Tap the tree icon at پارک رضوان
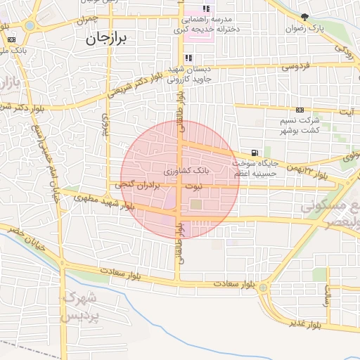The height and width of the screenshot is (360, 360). click(x=304, y=17)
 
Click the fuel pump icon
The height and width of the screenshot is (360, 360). click(x=254, y=153)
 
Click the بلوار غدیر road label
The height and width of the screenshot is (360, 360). click(x=305, y=323)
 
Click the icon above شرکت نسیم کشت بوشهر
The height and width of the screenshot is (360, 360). click(x=300, y=110)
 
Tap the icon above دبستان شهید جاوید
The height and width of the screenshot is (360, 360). click(x=188, y=58)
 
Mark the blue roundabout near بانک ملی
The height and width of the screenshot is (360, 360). click(x=29, y=25)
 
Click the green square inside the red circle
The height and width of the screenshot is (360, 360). click(x=196, y=205)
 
